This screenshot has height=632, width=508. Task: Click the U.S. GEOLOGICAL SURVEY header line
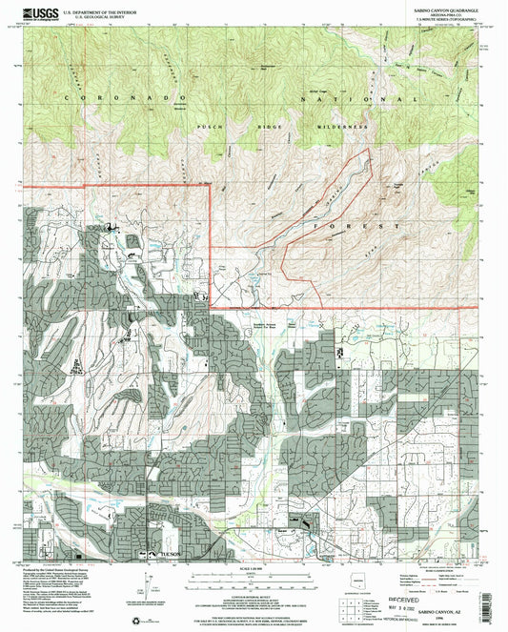coord(95,16)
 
